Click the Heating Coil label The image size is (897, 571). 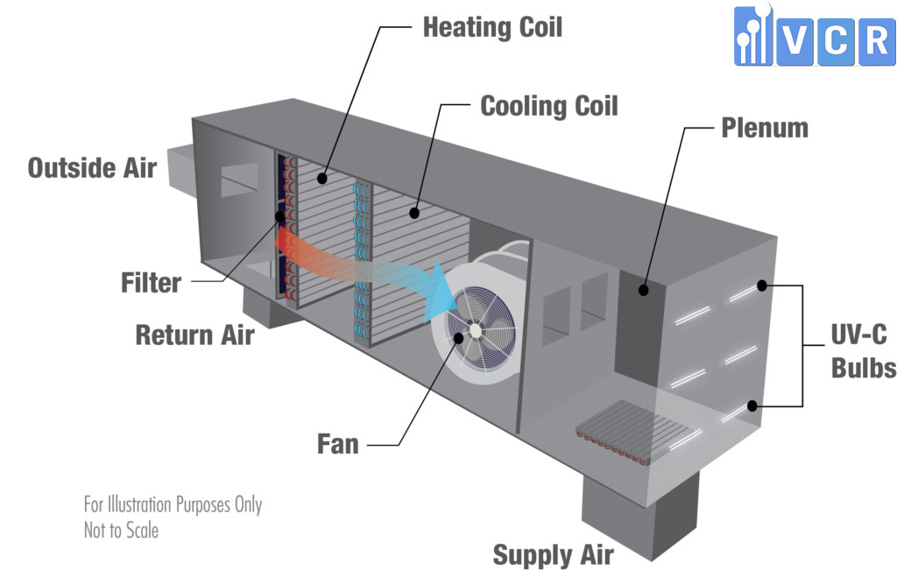click(x=492, y=27)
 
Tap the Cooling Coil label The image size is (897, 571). click(x=549, y=106)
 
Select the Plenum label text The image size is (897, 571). click(x=765, y=128)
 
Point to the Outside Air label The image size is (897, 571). click(x=92, y=167)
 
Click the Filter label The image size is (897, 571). click(x=151, y=283)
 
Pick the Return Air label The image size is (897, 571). click(x=194, y=335)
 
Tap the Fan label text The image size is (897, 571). click(x=338, y=444)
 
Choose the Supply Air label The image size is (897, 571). click(x=554, y=555)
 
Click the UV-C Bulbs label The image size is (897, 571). click(x=863, y=351)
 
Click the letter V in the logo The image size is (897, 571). click(x=795, y=41)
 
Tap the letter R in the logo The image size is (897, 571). click(x=877, y=41)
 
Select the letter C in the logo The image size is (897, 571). click(x=837, y=41)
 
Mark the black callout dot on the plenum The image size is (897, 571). click(x=644, y=290)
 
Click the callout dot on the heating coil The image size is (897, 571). click(x=322, y=179)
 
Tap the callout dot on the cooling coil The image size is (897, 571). click(x=414, y=214)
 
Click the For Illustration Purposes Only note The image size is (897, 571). click(x=173, y=504)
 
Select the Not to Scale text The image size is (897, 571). click(x=121, y=531)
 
